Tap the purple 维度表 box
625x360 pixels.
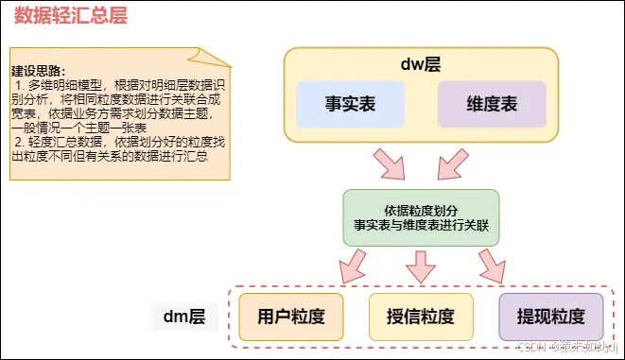click(492, 105)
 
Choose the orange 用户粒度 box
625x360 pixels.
click(283, 317)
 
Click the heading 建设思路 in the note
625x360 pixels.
click(37, 71)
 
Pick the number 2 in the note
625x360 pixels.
click(18, 141)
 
